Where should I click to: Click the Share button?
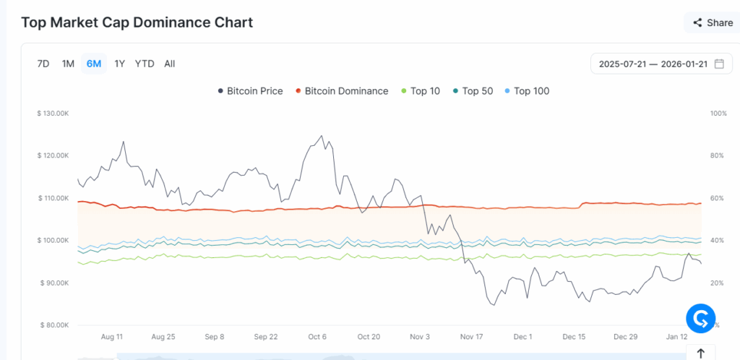pos(713,22)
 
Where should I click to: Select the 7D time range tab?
pos(43,64)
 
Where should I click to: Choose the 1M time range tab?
pos(68,64)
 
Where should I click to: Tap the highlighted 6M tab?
pos(94,64)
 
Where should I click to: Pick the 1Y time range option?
pos(120,64)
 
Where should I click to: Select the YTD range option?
pos(145,64)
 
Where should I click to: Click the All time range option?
pos(169,64)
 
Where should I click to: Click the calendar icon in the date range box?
pos(719,64)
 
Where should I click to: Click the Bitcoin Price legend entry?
pos(250,91)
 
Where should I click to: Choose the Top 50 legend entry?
pos(473,91)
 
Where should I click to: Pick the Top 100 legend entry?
pos(527,91)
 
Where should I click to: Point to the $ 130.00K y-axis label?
pos(53,113)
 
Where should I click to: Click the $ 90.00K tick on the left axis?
pos(54,283)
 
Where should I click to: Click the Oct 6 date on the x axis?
pos(317,337)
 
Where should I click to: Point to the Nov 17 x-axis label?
pos(471,337)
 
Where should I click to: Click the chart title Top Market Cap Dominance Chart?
pos(137,22)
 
